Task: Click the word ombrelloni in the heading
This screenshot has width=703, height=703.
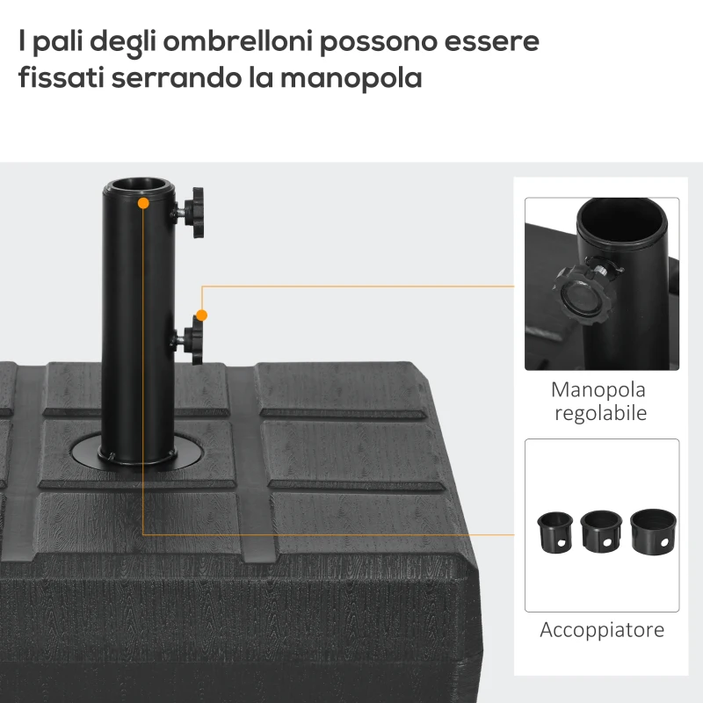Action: pos(237,41)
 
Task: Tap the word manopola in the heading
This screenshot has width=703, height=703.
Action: pos(351,78)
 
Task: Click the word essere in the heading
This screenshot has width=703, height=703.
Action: pos(491,41)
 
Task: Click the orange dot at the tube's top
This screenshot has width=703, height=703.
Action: pos(143,203)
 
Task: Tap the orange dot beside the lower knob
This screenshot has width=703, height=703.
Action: pos(202,315)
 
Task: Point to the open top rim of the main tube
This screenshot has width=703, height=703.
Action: pos(139,185)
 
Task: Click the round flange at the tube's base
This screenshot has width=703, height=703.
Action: pos(137,453)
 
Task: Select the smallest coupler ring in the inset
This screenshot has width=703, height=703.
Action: pos(555,533)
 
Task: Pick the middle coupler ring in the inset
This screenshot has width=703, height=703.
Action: pos(601,532)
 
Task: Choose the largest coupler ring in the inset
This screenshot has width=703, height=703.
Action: pos(653,532)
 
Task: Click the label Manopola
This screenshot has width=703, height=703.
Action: pos(598,389)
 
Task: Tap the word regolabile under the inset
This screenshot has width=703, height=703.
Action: pos(601,414)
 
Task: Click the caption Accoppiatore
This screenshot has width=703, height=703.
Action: pos(602,630)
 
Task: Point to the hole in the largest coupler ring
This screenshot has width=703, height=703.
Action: pos(664,543)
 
